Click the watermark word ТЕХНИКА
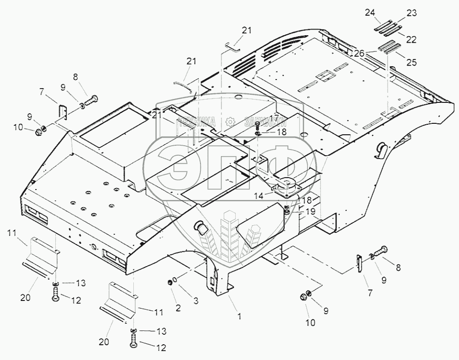click(x=197, y=122)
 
